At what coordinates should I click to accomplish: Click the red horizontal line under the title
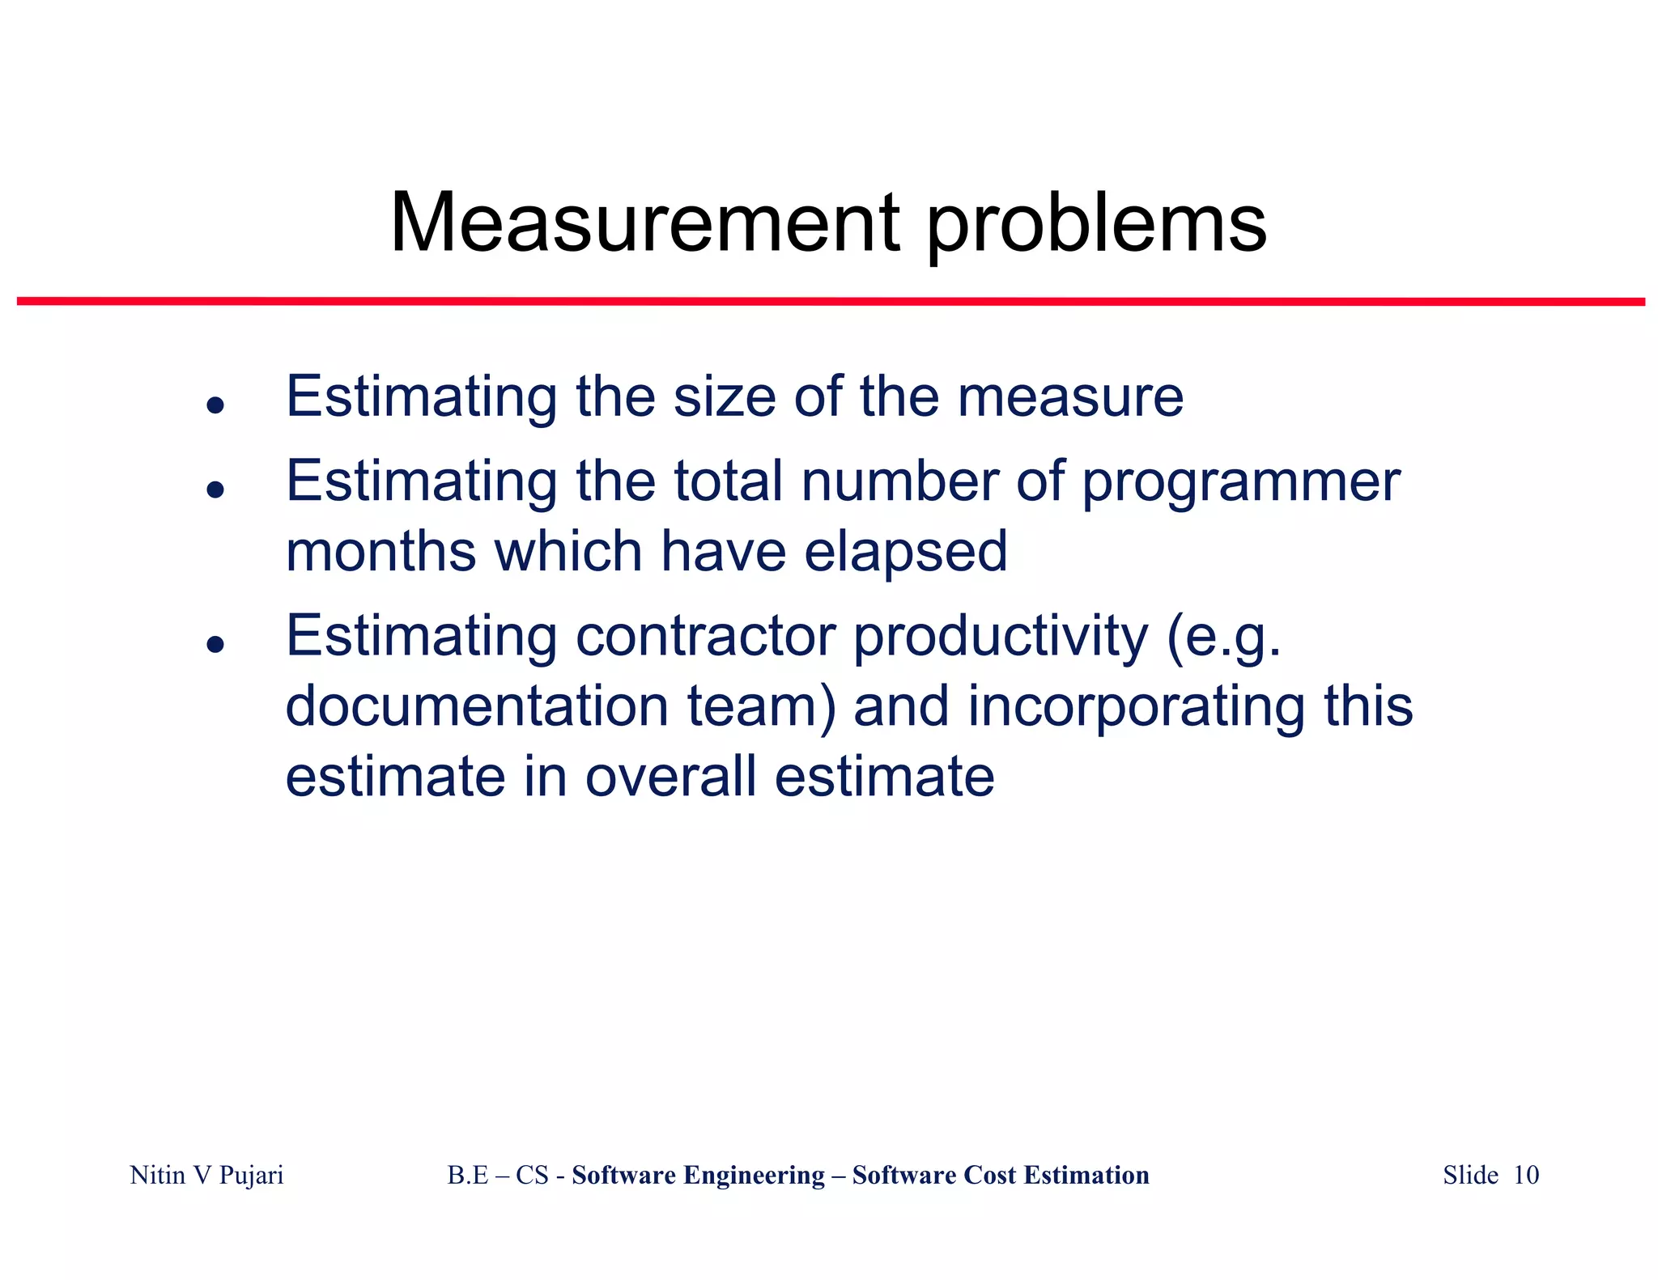pos(831,302)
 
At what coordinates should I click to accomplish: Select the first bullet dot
pos(215,405)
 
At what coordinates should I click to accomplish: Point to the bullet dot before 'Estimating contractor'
pos(215,644)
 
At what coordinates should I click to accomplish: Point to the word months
pos(380,552)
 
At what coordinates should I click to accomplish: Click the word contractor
pos(705,636)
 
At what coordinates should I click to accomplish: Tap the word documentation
pos(477,706)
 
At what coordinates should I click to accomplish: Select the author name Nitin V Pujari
pos(206,1175)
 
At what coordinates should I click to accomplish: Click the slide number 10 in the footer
pos(1526,1175)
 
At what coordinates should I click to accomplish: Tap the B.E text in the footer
pos(468,1175)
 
